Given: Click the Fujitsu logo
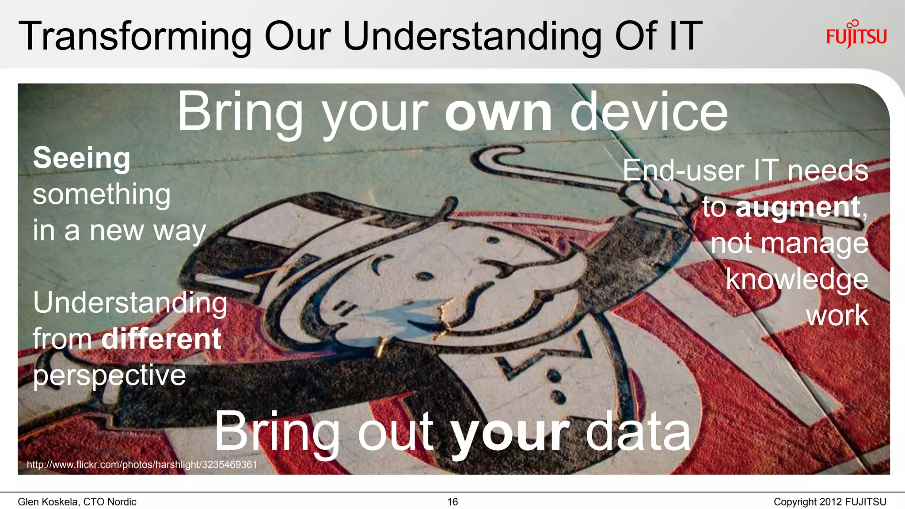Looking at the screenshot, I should [x=856, y=34].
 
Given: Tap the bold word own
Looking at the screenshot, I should [x=498, y=112].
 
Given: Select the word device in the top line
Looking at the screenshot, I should [x=649, y=112].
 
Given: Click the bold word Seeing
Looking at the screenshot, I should [x=82, y=158].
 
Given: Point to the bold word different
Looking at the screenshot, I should [x=161, y=339].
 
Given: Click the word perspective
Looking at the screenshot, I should [x=109, y=376].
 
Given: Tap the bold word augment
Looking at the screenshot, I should [x=798, y=207].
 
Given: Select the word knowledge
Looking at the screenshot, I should [x=797, y=279].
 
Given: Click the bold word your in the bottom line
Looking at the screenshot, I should [x=510, y=432].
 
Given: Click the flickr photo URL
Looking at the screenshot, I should [x=142, y=464].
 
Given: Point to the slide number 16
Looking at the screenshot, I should [x=452, y=502].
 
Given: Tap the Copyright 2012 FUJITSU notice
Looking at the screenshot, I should [x=830, y=502].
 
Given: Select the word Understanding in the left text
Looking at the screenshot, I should [x=130, y=303].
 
